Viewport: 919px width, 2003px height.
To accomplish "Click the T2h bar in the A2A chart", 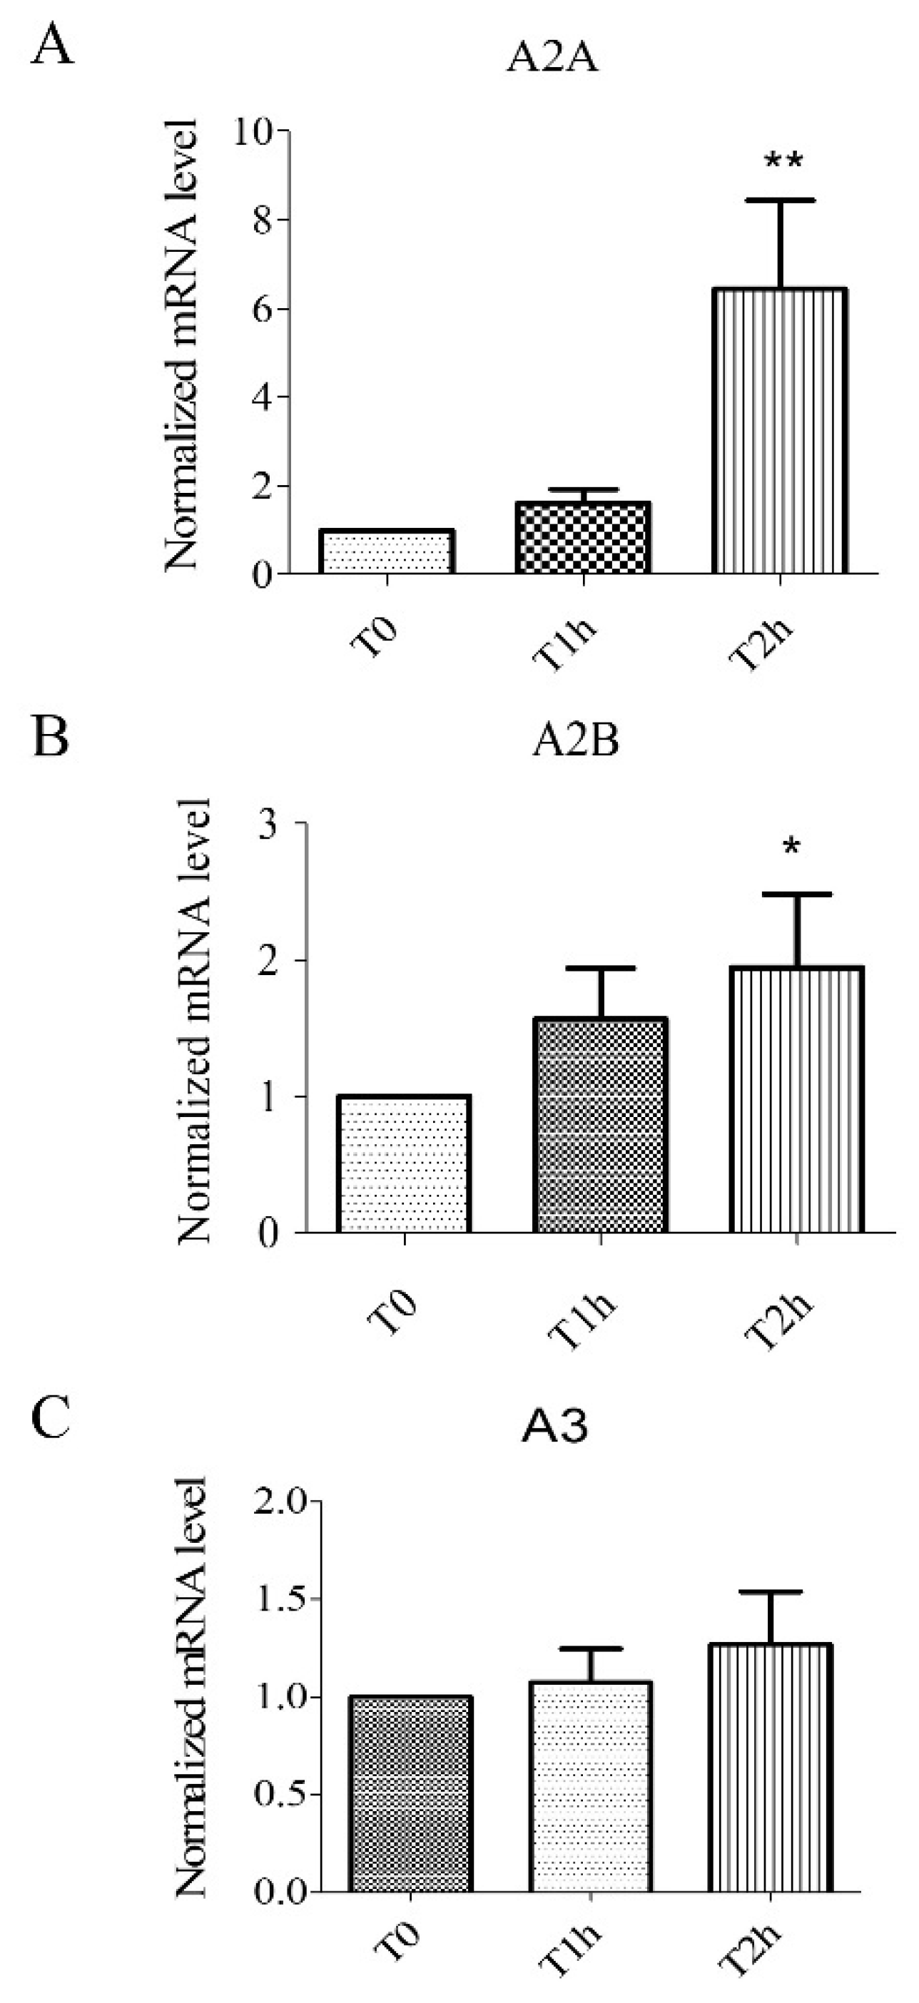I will point(778,432).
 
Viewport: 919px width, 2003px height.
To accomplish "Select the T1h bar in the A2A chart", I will point(582,538).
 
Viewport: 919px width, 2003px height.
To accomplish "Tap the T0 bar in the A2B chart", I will point(404,1164).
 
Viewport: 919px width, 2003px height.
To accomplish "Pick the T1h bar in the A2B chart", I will point(600,1125).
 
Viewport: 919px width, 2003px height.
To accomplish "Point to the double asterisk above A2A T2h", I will point(783,163).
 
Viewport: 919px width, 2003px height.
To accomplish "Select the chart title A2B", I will point(575,743).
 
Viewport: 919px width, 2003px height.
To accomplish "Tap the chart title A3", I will point(556,1427).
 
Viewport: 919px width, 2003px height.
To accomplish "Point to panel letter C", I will point(51,1419).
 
